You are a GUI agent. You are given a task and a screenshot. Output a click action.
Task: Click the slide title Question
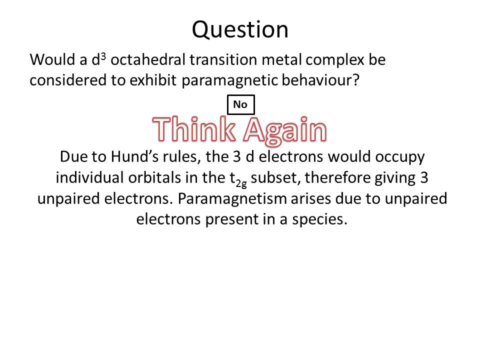coord(240,30)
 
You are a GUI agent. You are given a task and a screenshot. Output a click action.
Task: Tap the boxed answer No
coord(241,104)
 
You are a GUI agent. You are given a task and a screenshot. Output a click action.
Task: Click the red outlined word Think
coord(194,129)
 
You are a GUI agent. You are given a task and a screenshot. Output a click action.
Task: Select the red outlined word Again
coord(285,130)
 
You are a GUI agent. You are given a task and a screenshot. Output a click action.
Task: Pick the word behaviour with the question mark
coord(320,80)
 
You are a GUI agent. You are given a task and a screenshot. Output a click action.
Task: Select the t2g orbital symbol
coord(238,179)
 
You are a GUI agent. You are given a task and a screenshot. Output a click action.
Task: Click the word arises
coord(310,198)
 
